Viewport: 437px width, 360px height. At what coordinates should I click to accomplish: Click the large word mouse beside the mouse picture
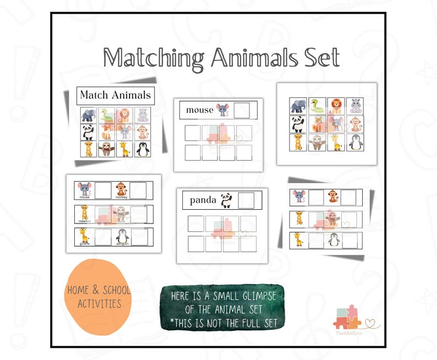(x=199, y=110)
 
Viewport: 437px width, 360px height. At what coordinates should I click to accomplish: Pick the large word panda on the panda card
(x=203, y=200)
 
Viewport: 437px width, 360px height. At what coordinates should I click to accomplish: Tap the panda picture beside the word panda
(x=226, y=200)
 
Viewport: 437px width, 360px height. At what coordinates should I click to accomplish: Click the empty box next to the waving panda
(x=246, y=200)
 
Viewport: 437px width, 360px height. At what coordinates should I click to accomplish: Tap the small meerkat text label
(x=84, y=220)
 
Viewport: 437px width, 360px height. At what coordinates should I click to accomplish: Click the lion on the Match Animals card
(x=124, y=114)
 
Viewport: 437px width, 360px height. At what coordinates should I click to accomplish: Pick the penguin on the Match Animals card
(x=143, y=149)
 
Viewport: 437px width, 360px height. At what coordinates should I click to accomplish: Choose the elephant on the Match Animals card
(x=89, y=114)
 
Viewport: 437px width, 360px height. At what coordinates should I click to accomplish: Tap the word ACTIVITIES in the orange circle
(x=99, y=303)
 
